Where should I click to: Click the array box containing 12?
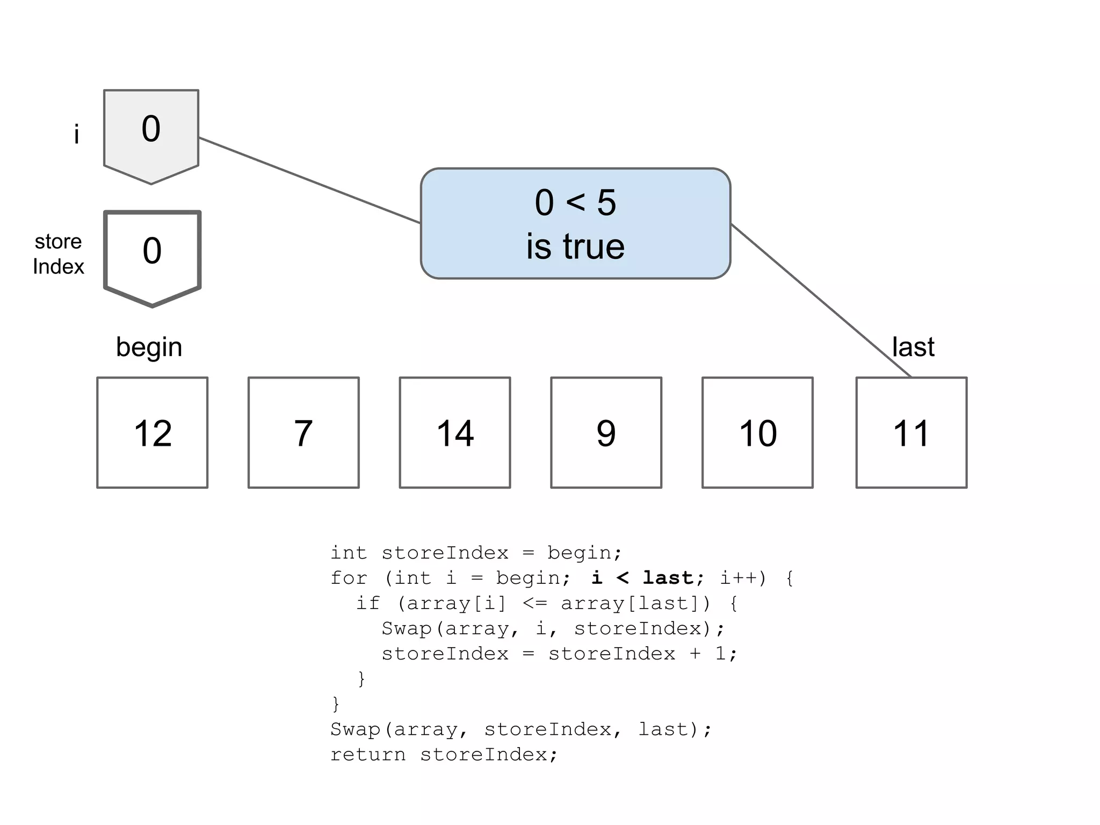pyautogui.click(x=152, y=432)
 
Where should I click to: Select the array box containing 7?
pyautogui.click(x=303, y=432)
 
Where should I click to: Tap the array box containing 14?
pyautogui.click(x=455, y=432)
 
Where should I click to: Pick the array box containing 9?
pyautogui.click(x=606, y=432)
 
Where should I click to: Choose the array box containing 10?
pyautogui.click(x=757, y=432)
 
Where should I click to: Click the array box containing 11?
pyautogui.click(x=911, y=432)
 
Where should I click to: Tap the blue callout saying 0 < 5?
pyautogui.click(x=575, y=223)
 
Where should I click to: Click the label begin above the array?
pyautogui.click(x=149, y=347)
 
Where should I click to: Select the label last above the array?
pyautogui.click(x=913, y=347)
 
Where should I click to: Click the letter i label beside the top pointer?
pyautogui.click(x=77, y=134)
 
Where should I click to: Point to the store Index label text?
pyautogui.click(x=58, y=254)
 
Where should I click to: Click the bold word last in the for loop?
pyautogui.click(x=668, y=578)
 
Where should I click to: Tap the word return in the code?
pyautogui.click(x=368, y=755)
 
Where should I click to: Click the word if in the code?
pyautogui.click(x=368, y=603)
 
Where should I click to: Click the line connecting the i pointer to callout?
pyautogui.click(x=309, y=180)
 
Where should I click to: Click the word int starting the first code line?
pyautogui.click(x=349, y=553)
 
